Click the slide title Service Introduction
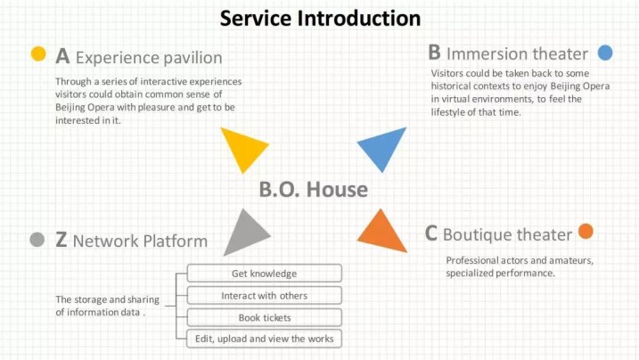(x=320, y=19)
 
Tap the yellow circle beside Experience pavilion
(x=38, y=53)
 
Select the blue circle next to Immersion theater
(x=605, y=53)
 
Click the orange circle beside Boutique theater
(x=586, y=232)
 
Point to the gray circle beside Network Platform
(x=37, y=240)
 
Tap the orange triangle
(x=382, y=233)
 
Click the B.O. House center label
(x=314, y=190)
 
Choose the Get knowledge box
(x=264, y=274)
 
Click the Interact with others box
(x=264, y=295)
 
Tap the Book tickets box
(x=264, y=317)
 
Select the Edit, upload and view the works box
(x=264, y=339)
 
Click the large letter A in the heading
(x=62, y=56)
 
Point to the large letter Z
(x=61, y=240)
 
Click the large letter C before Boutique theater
(x=430, y=233)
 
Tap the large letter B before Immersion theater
(x=434, y=53)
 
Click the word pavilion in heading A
(x=191, y=58)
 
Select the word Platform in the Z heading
(x=176, y=241)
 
